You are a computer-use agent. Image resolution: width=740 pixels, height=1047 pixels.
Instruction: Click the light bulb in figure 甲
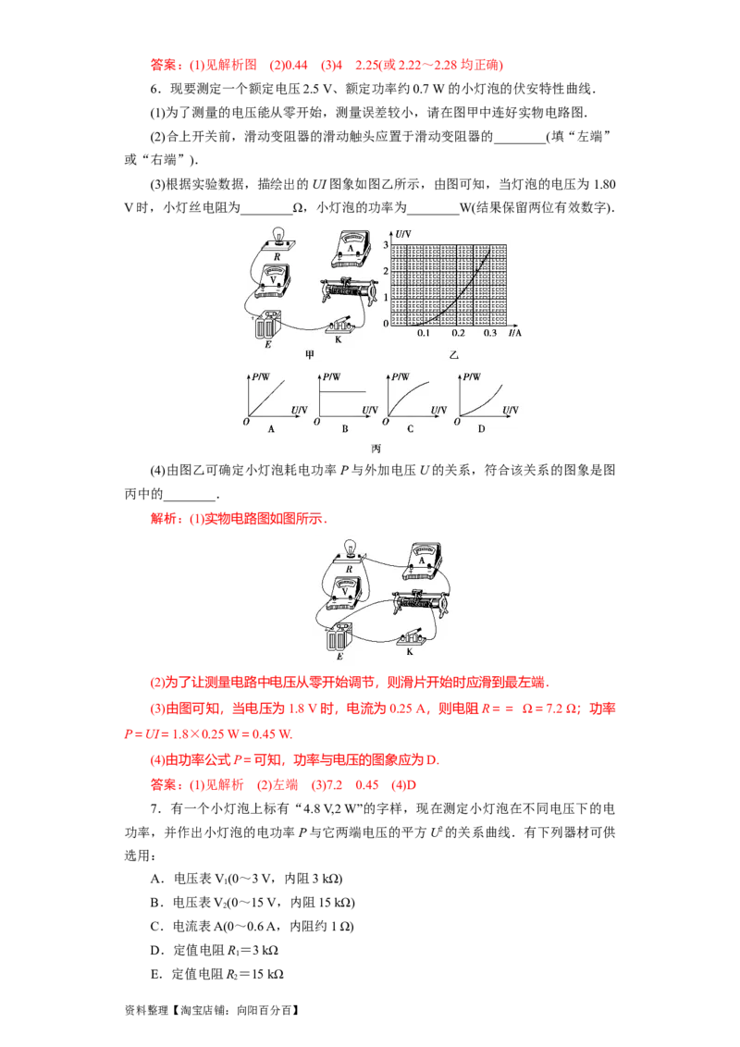(x=277, y=239)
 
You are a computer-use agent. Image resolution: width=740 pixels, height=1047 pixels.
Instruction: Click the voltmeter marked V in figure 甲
(x=272, y=280)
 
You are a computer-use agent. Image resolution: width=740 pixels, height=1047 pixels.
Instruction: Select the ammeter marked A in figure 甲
(x=351, y=250)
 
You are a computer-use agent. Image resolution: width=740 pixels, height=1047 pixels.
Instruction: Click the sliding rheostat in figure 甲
(x=346, y=290)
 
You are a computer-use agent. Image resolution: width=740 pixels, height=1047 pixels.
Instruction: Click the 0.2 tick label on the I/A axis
(x=458, y=333)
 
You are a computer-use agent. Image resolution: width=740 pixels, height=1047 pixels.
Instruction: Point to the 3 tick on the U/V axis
(x=386, y=245)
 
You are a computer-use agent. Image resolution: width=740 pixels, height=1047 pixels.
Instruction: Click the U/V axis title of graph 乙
(x=403, y=234)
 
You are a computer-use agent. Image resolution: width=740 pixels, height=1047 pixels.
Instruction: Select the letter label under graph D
(x=482, y=428)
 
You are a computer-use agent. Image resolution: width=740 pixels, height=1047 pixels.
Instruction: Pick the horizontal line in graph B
(x=343, y=391)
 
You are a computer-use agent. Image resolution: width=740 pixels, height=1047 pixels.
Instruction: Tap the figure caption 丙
(x=376, y=449)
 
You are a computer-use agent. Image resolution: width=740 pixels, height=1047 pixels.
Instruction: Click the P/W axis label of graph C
(x=401, y=376)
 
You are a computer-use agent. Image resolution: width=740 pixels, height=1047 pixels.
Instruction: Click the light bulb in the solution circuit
(x=350, y=551)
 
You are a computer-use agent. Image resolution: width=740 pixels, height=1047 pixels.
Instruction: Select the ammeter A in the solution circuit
(x=423, y=561)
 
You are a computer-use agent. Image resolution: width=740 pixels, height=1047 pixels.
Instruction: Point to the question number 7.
(x=155, y=808)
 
